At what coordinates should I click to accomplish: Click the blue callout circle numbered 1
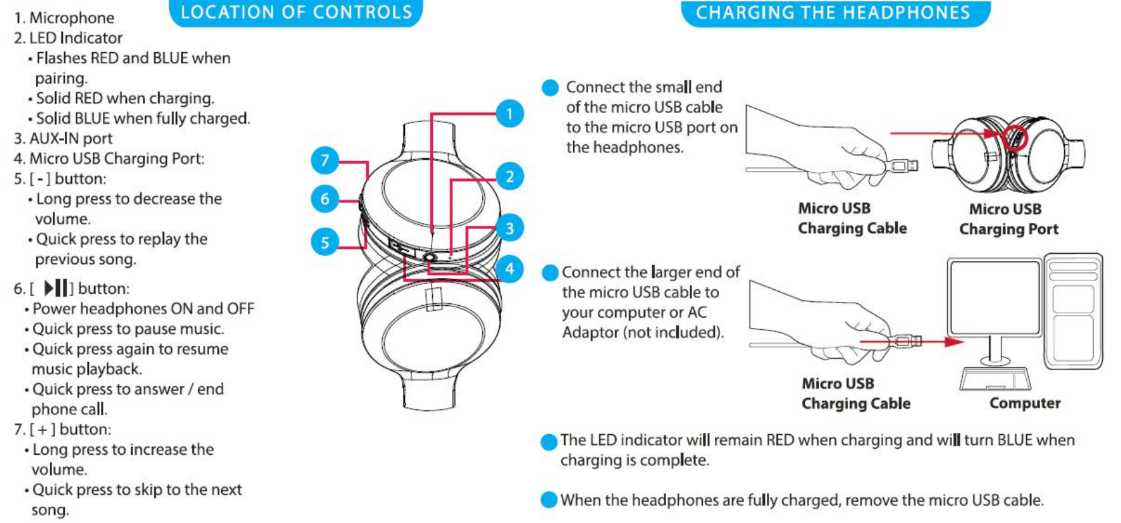[x=509, y=114]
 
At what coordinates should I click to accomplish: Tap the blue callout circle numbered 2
[x=509, y=176]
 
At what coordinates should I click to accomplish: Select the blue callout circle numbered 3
[x=509, y=228]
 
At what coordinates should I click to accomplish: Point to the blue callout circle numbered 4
[x=509, y=269]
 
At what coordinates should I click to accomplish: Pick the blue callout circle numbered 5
[x=325, y=242]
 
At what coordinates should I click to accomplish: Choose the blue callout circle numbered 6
[x=325, y=198]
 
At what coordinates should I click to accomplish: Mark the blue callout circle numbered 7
[x=325, y=160]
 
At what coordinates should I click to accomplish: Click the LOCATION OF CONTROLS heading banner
[x=296, y=13]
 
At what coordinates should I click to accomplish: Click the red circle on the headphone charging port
[x=1014, y=138]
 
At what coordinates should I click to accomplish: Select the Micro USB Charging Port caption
[x=1008, y=219]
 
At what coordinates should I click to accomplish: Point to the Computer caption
[x=1025, y=403]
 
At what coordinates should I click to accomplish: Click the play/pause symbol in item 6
[x=56, y=289]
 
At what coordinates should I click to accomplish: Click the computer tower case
[x=1073, y=311]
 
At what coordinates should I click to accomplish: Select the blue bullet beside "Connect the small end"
[x=550, y=88]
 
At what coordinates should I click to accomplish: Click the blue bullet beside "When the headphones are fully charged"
[x=549, y=500]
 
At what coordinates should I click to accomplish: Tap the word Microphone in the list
[x=71, y=18]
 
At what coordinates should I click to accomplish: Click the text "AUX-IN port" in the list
[x=71, y=138]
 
